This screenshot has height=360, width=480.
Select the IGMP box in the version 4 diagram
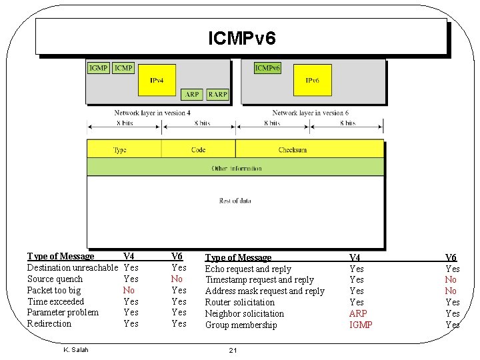[99, 68]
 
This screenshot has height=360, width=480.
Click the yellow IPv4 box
[157, 81]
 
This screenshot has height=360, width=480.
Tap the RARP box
[217, 95]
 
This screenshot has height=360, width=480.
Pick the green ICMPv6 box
[267, 68]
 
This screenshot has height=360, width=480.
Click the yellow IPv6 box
[312, 81]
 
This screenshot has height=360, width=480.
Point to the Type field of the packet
[120, 150]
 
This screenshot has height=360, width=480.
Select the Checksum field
[293, 150]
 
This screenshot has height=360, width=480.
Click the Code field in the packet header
[198, 150]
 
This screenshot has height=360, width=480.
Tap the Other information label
[237, 169]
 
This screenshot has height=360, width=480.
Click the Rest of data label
[235, 201]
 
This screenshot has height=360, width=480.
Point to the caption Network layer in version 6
[310, 113]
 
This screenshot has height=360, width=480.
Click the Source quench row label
[55, 279]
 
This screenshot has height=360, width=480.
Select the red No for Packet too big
[129, 291]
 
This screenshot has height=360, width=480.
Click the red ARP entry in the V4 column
[358, 313]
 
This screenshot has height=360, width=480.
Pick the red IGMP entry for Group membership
[361, 325]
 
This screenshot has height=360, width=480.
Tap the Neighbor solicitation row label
[244, 313]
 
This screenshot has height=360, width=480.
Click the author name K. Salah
[75, 349]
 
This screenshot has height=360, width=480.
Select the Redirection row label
[49, 324]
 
